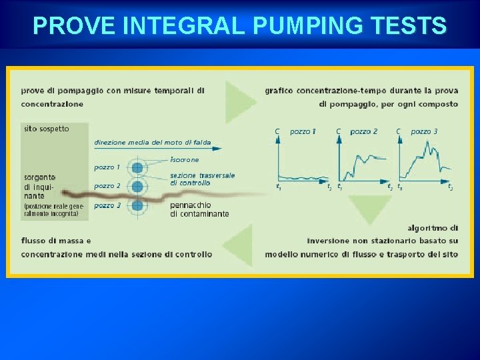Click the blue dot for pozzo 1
pyautogui.click(x=138, y=168)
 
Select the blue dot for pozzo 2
pyautogui.click(x=138, y=187)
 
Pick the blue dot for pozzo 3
pyautogui.click(x=138, y=205)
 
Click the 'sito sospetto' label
pyautogui.click(x=46, y=129)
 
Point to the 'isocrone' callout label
pyautogui.click(x=185, y=160)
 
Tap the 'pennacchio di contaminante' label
pyautogui.click(x=199, y=209)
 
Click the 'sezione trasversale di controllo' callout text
pyautogui.click(x=202, y=179)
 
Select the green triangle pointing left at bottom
pyautogui.click(x=239, y=247)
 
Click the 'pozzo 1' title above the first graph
pyautogui.click(x=303, y=131)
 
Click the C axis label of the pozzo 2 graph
pyautogui.click(x=339, y=131)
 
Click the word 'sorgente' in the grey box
pyautogui.click(x=40, y=177)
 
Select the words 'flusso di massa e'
pyautogui.click(x=56, y=241)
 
